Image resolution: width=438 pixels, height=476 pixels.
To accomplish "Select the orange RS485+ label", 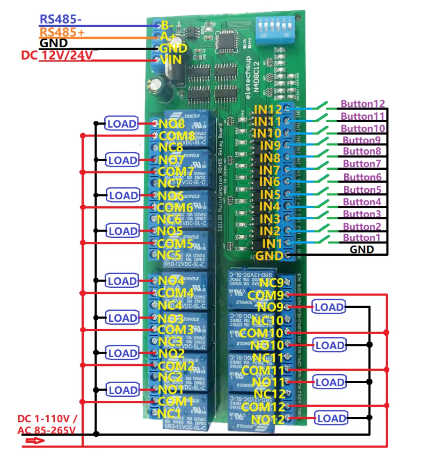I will [62, 32].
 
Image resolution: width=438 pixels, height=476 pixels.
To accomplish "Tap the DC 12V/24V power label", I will [56, 55].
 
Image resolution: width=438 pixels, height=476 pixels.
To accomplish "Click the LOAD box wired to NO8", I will [122, 124].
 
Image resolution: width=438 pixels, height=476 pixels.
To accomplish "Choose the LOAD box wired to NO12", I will [331, 418].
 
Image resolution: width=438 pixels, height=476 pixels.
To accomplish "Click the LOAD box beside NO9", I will [329, 307].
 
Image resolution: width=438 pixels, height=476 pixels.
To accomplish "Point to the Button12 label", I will [363, 104].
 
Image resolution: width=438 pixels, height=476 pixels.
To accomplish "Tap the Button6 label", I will [362, 177].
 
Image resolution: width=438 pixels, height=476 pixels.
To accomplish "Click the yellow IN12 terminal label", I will [267, 110].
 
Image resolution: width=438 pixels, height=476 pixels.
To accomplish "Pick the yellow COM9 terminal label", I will [265, 295].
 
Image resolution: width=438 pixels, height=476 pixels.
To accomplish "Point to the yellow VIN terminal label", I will [173, 60].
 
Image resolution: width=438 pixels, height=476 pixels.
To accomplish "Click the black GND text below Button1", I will [361, 250].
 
